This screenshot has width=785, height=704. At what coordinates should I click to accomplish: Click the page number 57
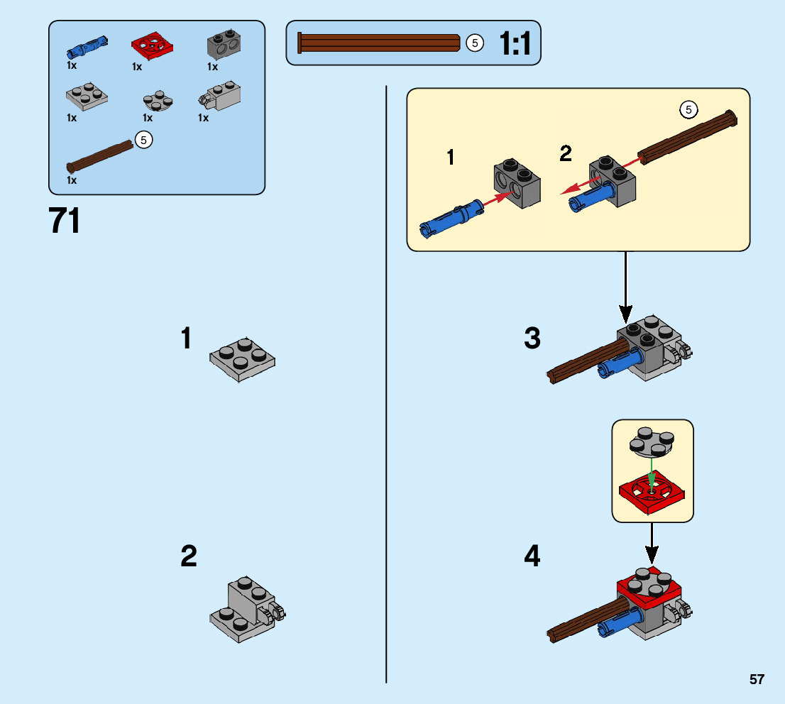[x=757, y=679]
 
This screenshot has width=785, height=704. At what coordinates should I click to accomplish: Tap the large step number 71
[x=65, y=221]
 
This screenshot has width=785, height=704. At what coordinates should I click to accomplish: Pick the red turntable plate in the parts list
[x=153, y=46]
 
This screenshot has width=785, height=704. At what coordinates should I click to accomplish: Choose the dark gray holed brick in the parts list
[x=222, y=46]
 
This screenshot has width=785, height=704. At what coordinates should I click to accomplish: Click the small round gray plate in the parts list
[x=158, y=101]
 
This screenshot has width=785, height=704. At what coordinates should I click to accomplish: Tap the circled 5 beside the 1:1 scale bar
[x=475, y=43]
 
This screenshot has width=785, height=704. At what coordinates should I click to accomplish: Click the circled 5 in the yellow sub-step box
[x=688, y=109]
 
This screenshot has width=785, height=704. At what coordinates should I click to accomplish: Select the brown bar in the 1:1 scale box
[x=380, y=43]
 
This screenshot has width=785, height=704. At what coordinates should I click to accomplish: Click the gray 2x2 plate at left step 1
[x=242, y=358]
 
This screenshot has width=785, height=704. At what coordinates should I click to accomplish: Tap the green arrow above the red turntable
[x=652, y=469]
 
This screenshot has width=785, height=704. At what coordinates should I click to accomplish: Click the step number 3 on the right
[x=532, y=339]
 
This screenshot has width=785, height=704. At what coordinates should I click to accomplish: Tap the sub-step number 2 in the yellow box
[x=566, y=153]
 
